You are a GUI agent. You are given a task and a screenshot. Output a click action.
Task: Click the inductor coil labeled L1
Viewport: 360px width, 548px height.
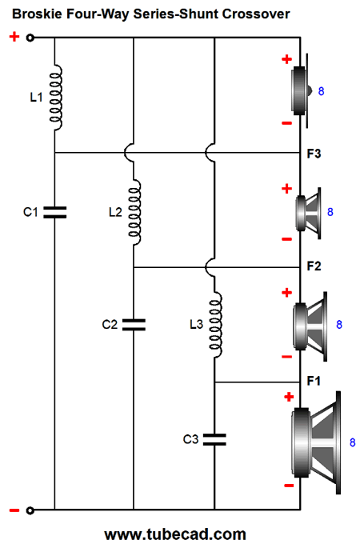(56, 98)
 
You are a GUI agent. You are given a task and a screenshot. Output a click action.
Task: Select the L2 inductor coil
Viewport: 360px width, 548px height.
(134, 212)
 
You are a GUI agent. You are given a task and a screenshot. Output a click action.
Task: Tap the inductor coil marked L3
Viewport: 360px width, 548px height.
(215, 325)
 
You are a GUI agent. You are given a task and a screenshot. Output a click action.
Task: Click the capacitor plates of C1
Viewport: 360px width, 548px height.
(55, 212)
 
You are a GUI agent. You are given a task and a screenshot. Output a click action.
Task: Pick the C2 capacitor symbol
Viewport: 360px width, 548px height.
(134, 325)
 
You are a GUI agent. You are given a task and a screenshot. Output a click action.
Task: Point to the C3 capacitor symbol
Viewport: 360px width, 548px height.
(214, 439)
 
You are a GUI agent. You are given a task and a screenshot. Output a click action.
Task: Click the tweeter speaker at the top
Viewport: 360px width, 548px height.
(302, 91)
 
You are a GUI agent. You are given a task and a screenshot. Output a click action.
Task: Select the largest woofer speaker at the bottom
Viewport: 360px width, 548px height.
(316, 443)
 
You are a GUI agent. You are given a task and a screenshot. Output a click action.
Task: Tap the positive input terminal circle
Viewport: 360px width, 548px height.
(30, 38)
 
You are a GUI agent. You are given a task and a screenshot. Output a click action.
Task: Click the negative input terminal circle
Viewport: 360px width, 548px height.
(30, 510)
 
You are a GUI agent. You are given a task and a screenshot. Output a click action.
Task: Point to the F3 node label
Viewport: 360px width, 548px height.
(314, 154)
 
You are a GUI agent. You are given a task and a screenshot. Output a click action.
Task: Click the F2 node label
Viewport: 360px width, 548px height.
(314, 266)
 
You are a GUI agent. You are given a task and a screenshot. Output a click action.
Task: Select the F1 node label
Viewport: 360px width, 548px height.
(314, 381)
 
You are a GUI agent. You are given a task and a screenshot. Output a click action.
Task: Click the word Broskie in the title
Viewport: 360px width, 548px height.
(37, 14)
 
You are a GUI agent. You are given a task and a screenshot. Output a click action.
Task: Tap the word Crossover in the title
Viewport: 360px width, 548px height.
(256, 14)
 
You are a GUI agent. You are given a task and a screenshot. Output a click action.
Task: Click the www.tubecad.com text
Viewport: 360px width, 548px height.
(175, 534)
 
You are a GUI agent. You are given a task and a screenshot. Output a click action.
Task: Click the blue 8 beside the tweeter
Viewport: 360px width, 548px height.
(322, 91)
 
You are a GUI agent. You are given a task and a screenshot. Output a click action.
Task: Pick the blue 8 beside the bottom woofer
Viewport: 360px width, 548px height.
(353, 442)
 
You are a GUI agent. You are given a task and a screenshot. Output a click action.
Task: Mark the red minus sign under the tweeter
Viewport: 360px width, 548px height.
(286, 123)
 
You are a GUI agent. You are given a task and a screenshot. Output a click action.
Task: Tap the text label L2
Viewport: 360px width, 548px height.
(115, 212)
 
